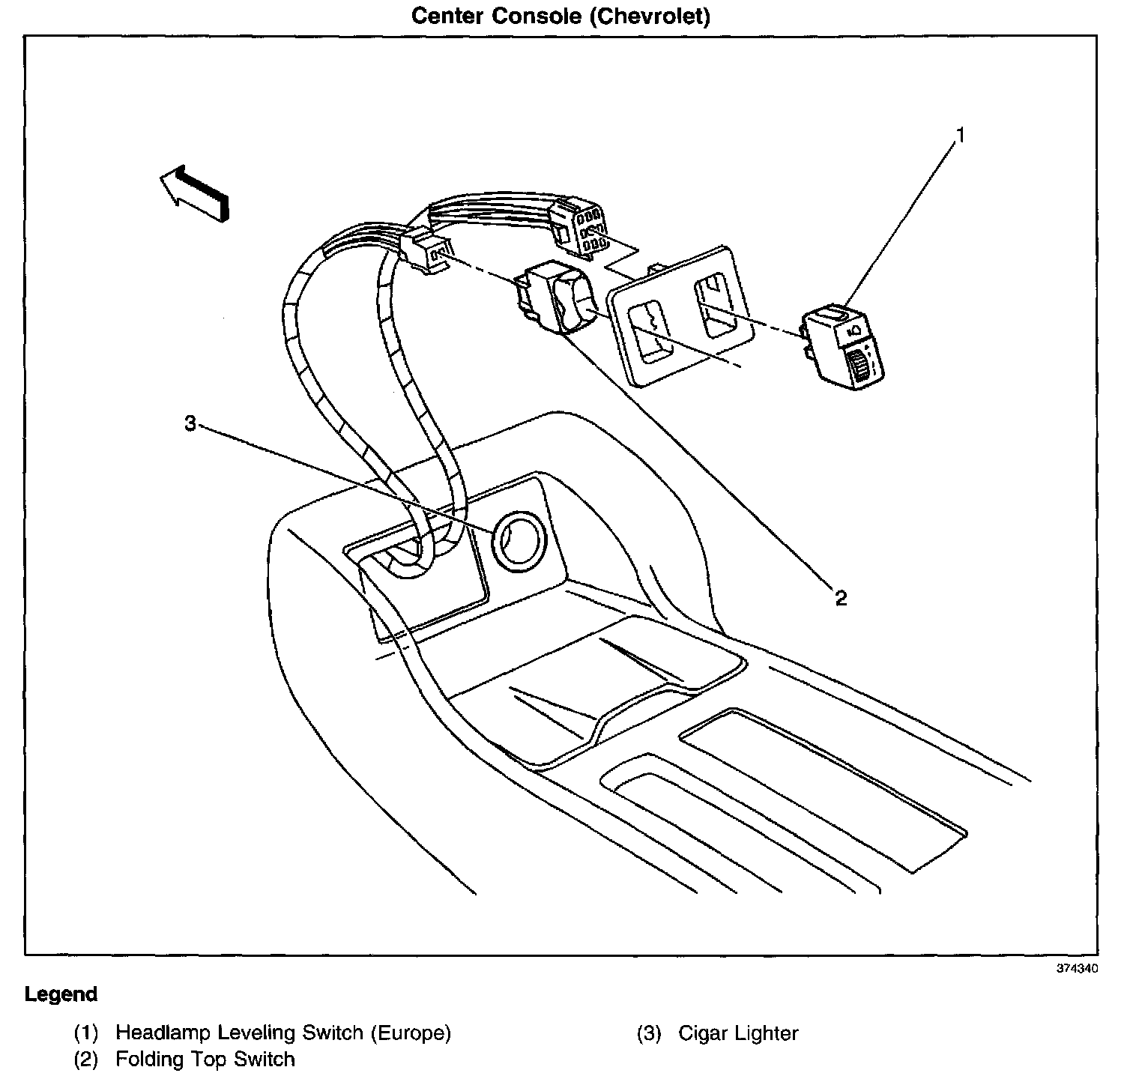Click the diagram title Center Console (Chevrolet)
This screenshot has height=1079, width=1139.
coord(561,16)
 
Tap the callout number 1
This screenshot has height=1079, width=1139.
coord(959,136)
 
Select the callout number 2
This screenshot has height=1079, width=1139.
coord(841,598)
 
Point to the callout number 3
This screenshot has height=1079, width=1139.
coord(190,424)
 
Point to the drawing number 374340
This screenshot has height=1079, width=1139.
coord(1077,968)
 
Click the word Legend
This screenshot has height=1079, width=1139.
coord(61,995)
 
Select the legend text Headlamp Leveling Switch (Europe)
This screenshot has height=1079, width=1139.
coord(283,1033)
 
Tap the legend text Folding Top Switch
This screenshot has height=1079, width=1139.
coord(205,1060)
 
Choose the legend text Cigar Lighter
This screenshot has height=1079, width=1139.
coord(738,1033)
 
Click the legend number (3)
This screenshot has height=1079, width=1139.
coord(649,1033)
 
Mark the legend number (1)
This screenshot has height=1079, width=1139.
coord(85,1033)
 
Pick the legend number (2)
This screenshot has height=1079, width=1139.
coord(85,1060)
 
